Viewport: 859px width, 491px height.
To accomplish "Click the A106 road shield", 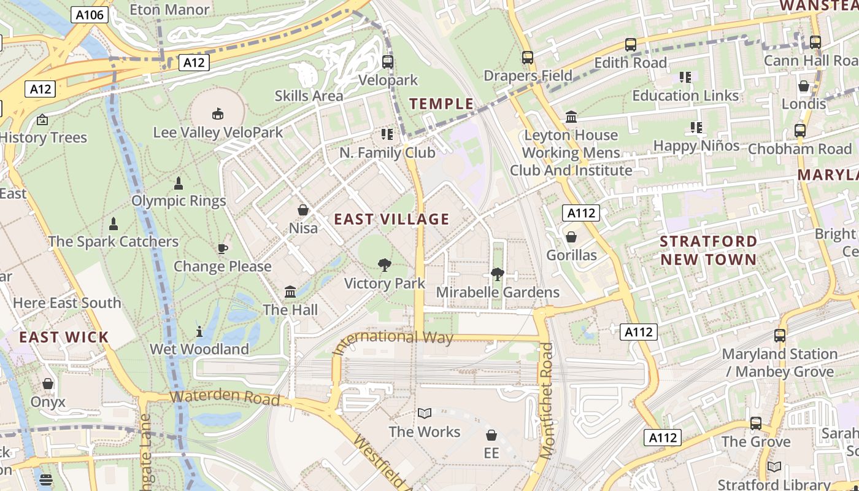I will tap(90, 15).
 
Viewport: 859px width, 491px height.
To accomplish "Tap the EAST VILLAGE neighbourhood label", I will tap(391, 219).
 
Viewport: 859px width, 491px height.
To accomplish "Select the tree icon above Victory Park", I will tap(385, 265).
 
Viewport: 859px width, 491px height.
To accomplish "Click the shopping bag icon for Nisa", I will tap(303, 210).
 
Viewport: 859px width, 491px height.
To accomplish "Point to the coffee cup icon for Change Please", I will tap(222, 249).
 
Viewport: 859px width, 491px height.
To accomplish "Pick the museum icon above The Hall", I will tap(290, 292).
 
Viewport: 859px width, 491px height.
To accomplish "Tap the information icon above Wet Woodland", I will tap(199, 331).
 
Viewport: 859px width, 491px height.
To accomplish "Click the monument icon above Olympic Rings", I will tap(179, 183).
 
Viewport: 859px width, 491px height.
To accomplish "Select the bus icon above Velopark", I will tap(388, 61).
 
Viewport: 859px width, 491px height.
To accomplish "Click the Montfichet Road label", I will tap(546, 400).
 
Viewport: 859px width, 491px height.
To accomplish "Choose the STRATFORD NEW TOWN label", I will tap(709, 250).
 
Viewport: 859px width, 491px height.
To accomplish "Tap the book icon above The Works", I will tap(425, 414).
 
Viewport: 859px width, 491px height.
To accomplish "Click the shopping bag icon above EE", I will tap(491, 435).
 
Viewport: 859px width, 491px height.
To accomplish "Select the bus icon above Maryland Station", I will tap(780, 336).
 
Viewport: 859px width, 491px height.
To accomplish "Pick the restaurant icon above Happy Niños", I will tap(696, 128).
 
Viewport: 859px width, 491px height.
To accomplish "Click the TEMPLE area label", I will tap(442, 104).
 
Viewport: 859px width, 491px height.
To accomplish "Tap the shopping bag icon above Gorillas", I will tap(571, 237).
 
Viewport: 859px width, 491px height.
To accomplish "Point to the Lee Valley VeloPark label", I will tap(218, 132).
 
